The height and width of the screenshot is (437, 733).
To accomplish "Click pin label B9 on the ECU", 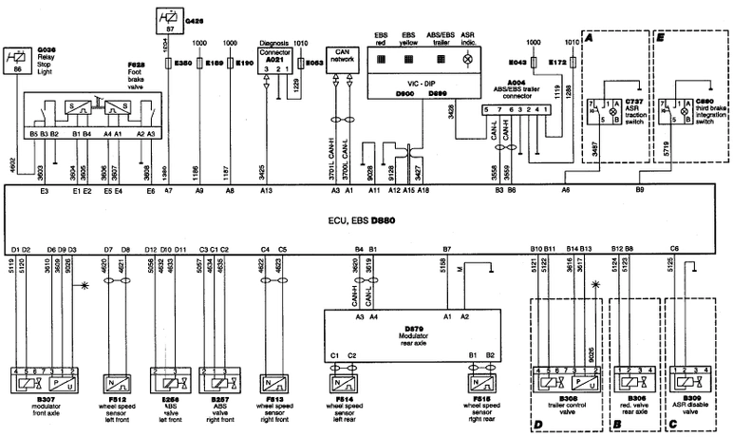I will pos(640,191).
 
